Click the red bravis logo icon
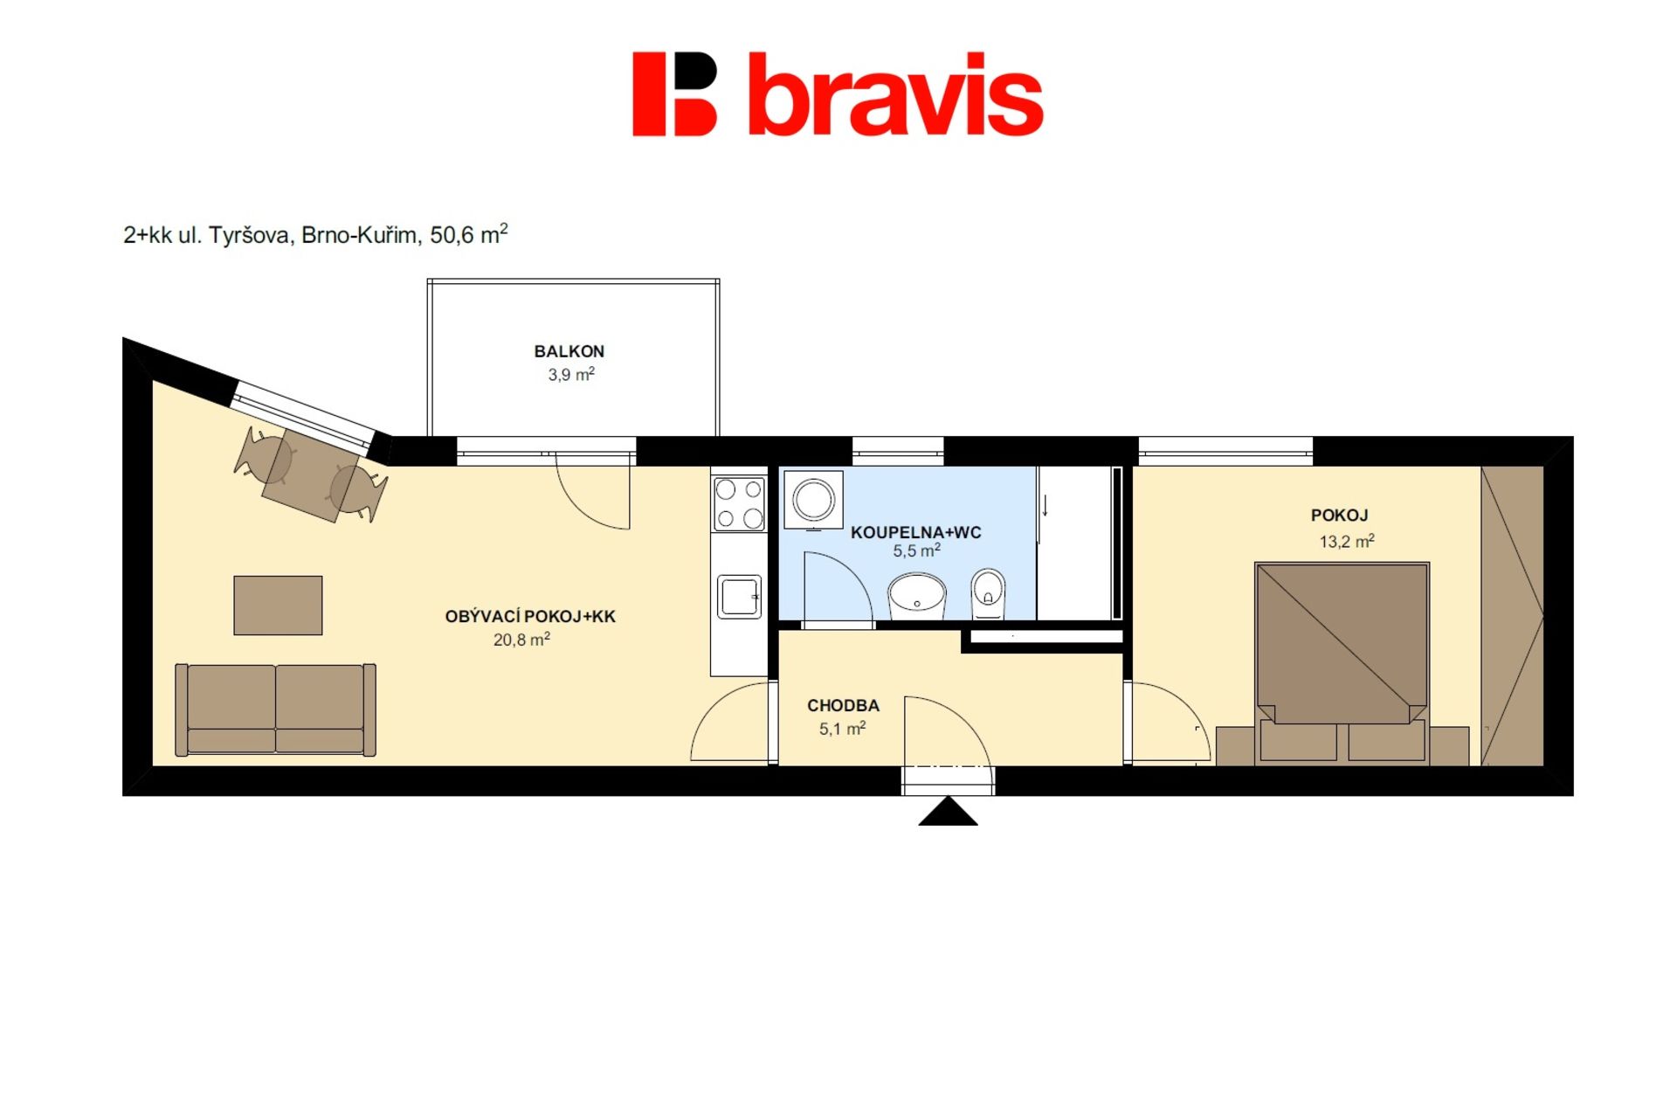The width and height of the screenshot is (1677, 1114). (674, 94)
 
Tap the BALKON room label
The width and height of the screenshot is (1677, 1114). (569, 351)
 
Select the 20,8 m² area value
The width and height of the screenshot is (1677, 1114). (521, 640)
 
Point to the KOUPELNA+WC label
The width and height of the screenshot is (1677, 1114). (916, 532)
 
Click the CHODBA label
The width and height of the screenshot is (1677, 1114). (843, 705)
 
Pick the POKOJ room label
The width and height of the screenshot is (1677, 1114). (1339, 515)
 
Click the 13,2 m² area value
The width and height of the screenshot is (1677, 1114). (1347, 541)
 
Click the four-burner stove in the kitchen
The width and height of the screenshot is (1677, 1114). (739, 503)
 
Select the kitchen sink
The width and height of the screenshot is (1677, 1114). (739, 597)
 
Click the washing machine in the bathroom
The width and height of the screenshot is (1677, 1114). (813, 501)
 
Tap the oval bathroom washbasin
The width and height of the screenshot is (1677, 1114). (916, 596)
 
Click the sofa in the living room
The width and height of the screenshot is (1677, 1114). (275, 709)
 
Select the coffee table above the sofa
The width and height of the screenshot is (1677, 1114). (278, 605)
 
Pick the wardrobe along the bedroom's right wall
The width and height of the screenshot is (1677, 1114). (1512, 616)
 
